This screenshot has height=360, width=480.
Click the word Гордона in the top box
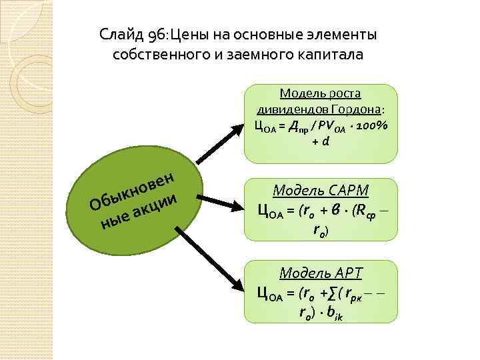tap(359, 109)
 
